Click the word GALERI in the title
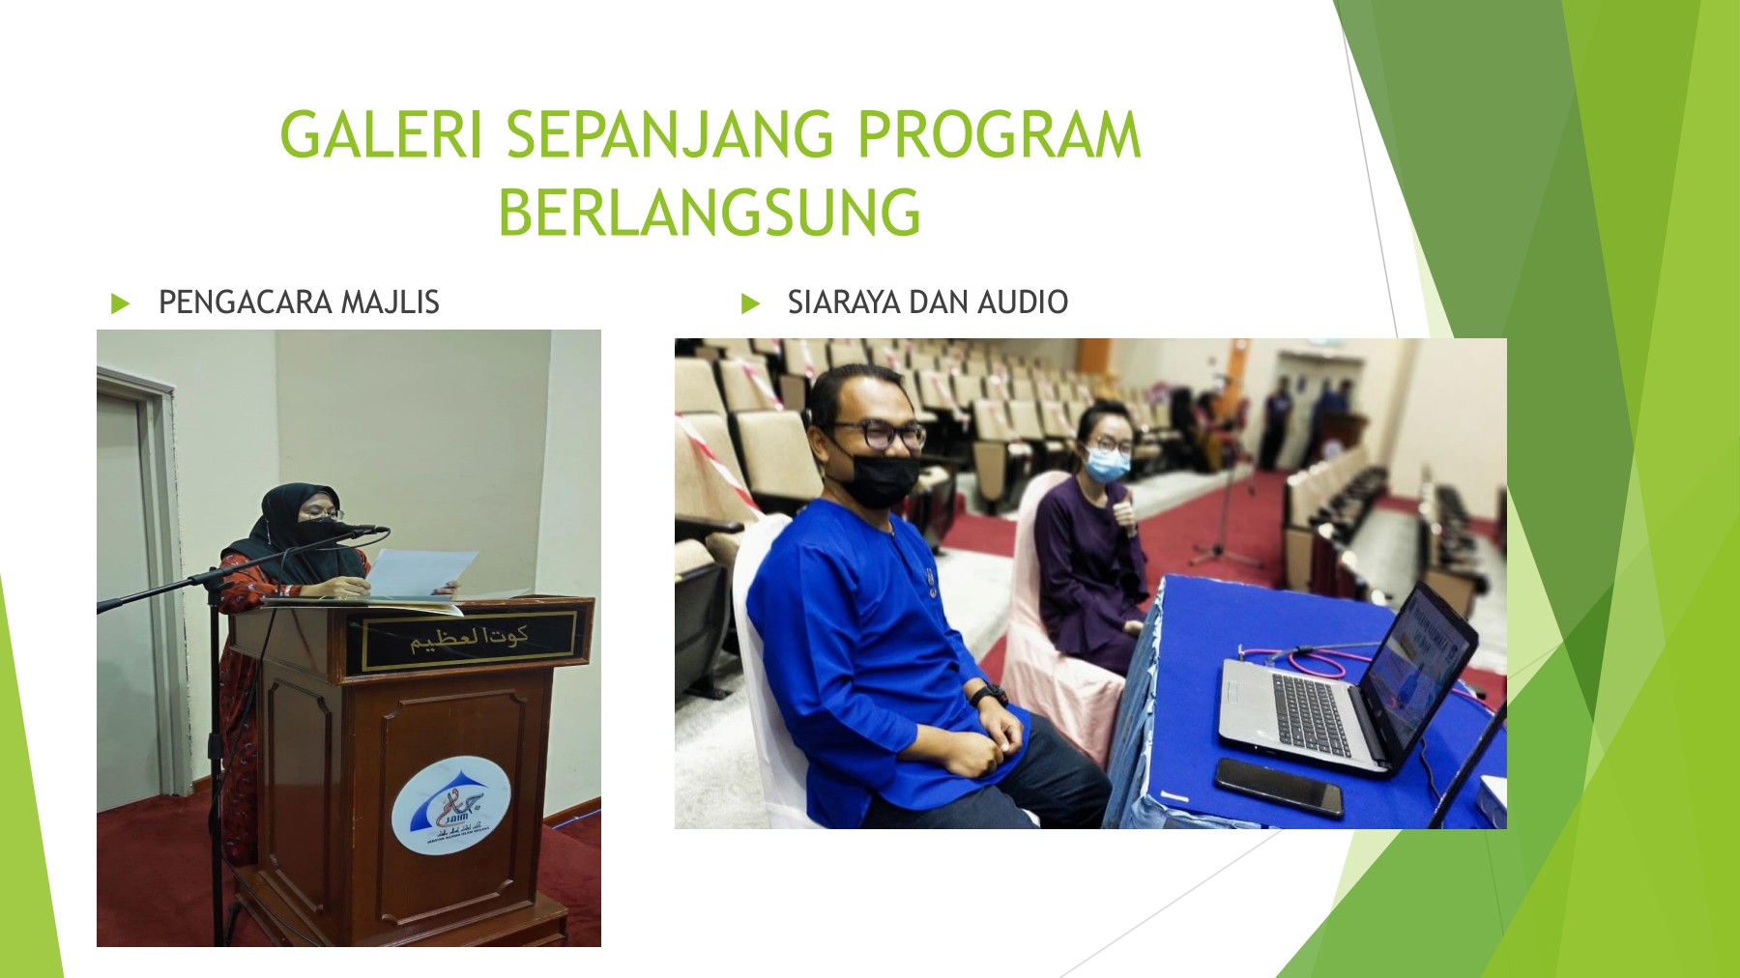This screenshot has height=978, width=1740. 380,135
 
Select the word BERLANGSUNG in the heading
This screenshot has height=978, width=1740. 710,213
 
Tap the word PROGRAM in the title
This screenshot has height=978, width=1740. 999,135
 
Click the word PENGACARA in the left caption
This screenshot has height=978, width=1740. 246,302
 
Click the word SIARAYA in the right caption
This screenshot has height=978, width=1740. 843,302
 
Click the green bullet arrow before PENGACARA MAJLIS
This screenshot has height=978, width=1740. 120,303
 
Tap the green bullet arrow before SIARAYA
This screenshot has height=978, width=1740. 750,303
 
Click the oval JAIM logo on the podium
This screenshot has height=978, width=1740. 450,804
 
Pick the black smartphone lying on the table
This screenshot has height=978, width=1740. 1278,785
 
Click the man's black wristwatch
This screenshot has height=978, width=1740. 988,695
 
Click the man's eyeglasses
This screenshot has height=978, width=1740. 880,436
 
